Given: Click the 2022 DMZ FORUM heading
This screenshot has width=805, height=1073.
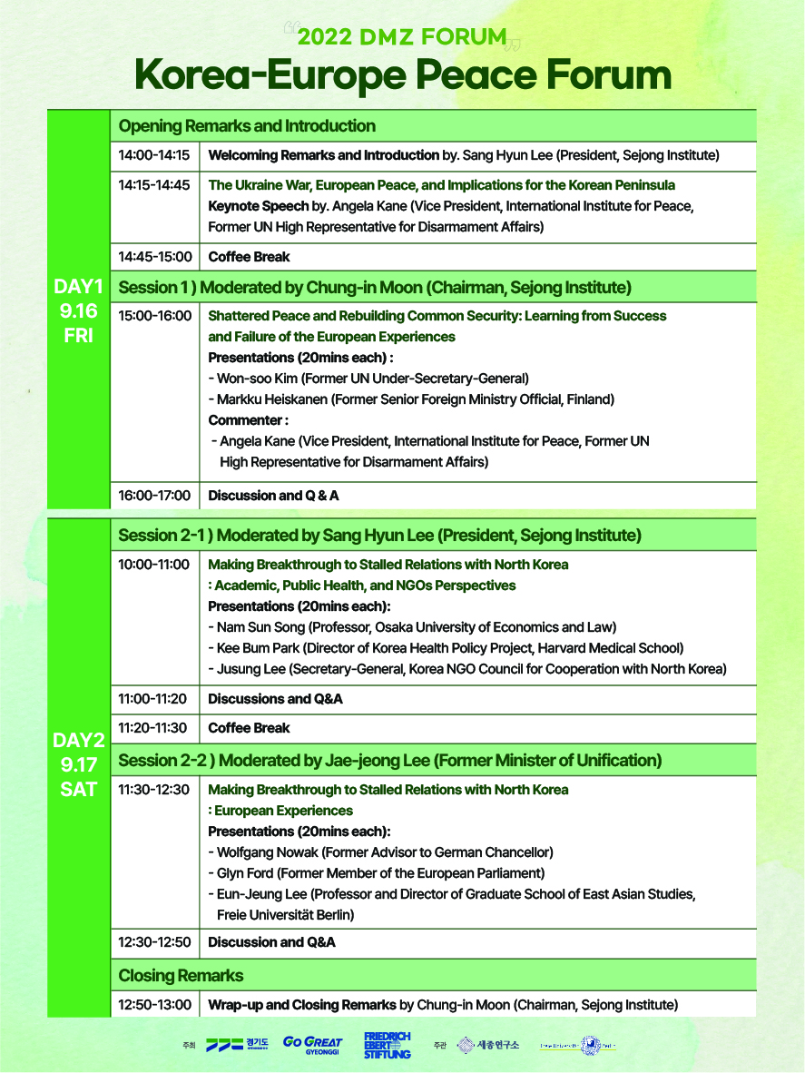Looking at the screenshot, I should pos(401,37).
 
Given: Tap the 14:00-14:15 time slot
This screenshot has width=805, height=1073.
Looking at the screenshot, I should pos(154,155).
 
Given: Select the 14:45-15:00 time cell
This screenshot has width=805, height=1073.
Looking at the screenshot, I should pos(154,257).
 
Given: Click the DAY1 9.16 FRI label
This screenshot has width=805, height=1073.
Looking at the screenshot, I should pos(78,310).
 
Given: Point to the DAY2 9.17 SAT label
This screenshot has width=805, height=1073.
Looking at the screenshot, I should pos(78,765).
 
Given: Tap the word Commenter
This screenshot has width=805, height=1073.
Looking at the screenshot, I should pos(248,420).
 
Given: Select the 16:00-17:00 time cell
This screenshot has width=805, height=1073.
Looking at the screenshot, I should pos(154,496).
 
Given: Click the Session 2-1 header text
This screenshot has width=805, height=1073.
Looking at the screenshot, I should pos(379,535).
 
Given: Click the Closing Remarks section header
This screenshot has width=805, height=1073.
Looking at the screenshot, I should pos(181,976).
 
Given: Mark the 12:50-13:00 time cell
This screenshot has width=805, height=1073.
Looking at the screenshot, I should pos(154,1005).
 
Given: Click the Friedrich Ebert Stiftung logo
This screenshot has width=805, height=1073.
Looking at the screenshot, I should pos(388,1045).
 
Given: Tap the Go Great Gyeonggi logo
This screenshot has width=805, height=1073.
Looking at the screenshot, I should pos(312,1045).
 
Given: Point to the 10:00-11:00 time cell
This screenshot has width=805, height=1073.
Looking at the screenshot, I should pos(154,565).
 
